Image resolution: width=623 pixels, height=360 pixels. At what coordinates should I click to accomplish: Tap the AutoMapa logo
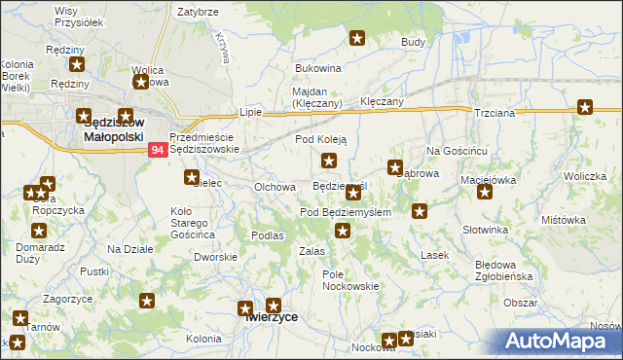(x=560, y=342)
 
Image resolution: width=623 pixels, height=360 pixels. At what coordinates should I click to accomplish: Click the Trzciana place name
(x=494, y=114)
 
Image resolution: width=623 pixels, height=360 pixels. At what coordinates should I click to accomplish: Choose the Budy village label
(x=414, y=43)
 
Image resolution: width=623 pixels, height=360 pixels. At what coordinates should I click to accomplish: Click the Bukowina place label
(x=318, y=69)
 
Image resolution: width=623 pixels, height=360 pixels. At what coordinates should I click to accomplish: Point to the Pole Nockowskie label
(x=349, y=280)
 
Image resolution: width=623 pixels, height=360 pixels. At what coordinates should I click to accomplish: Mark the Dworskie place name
(x=215, y=257)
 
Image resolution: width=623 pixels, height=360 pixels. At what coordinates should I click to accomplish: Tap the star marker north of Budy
(x=357, y=39)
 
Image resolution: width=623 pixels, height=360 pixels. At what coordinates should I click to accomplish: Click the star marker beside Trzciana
(x=584, y=108)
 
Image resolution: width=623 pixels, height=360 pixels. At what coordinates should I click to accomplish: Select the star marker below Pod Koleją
(x=329, y=161)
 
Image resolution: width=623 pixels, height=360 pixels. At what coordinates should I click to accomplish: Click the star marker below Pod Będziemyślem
(x=343, y=231)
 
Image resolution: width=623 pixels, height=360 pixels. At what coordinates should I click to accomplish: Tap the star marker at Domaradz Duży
(x=38, y=231)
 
